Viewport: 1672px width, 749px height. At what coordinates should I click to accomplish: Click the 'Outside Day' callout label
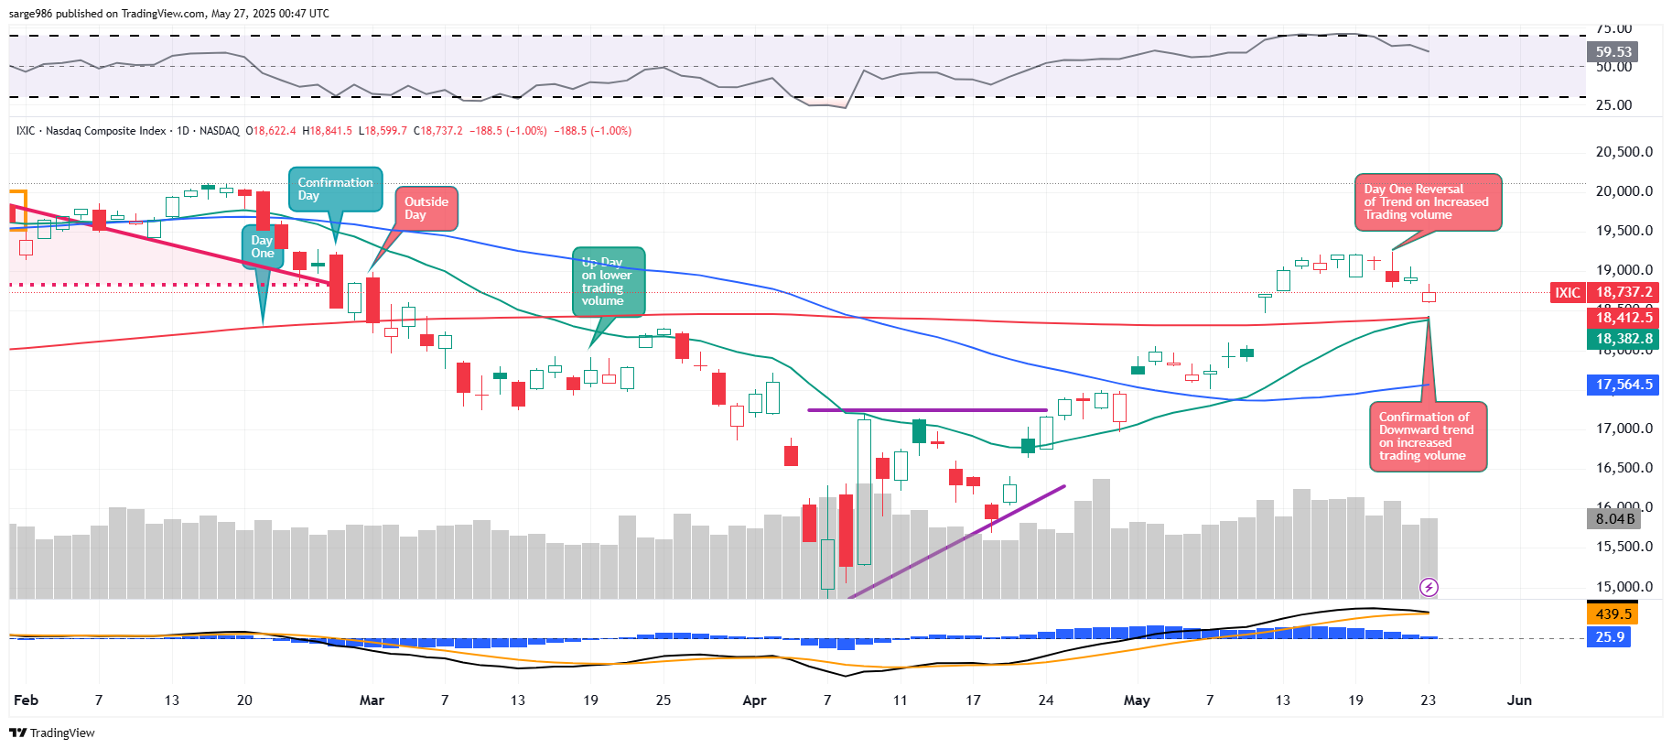point(426,209)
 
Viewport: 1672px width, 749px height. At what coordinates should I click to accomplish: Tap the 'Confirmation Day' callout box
point(335,190)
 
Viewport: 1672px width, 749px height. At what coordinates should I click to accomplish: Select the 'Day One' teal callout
point(262,247)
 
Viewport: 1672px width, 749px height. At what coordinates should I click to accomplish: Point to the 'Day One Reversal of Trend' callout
point(1427,202)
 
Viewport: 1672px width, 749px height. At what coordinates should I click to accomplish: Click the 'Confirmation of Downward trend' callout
point(1427,437)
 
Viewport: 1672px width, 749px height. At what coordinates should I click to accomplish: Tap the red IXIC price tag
point(1567,293)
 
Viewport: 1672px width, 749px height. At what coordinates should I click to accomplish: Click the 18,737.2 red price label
point(1623,293)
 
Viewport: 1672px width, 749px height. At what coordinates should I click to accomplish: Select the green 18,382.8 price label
point(1623,339)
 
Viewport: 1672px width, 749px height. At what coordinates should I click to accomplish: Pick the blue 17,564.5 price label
point(1623,385)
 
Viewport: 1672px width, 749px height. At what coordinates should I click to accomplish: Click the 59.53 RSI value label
point(1613,52)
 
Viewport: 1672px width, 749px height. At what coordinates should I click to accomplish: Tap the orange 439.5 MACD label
point(1613,614)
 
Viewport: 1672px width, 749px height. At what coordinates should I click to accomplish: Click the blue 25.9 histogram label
point(1610,637)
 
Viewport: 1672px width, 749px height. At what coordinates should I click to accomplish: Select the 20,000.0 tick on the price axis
point(1623,191)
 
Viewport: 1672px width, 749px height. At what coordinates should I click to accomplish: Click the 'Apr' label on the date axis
point(754,700)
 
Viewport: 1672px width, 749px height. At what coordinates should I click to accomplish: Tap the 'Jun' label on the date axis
point(1519,700)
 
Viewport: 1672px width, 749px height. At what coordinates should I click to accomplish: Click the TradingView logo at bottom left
point(52,733)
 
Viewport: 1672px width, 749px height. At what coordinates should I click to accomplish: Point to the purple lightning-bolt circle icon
point(1429,587)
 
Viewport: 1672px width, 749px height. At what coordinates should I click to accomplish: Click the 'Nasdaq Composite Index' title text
point(105,131)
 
